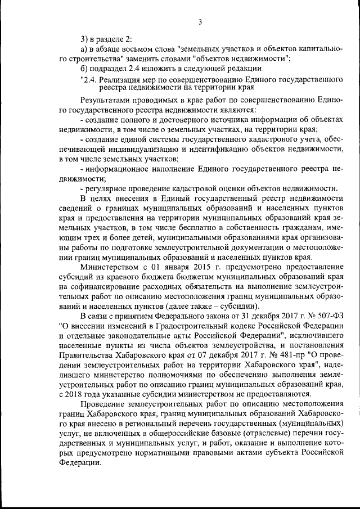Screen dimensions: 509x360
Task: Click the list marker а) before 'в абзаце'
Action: (84, 48)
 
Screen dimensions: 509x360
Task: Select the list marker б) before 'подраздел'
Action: (84, 69)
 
